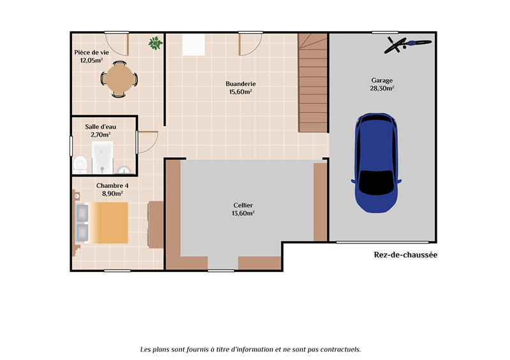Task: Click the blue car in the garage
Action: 377,162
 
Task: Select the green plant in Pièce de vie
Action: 155,43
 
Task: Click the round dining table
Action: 119,80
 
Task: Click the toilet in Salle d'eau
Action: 80,164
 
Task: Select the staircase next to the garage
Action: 312,83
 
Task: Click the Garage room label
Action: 382,80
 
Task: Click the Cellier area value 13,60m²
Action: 244,213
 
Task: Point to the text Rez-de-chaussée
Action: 405,255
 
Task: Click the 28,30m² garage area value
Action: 382,89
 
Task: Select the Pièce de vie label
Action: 92,52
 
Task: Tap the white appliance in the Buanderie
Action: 193,45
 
